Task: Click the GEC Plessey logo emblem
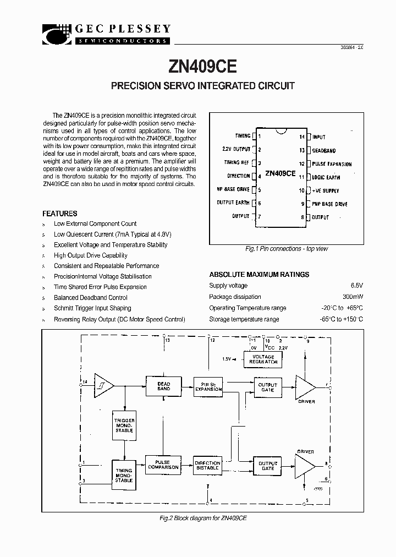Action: (57, 34)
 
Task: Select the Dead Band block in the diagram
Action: (163, 386)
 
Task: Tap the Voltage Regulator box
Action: (263, 359)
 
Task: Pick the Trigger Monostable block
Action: (124, 425)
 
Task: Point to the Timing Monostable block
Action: (124, 475)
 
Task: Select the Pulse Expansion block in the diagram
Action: (208, 386)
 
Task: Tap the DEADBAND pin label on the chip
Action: (324, 150)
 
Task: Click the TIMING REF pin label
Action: (237, 162)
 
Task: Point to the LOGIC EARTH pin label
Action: (326, 177)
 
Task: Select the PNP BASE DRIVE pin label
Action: (329, 204)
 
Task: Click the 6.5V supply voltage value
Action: (356, 286)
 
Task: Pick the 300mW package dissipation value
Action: (353, 297)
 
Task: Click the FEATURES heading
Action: (59, 214)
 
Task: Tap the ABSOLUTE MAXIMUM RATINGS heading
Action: (259, 275)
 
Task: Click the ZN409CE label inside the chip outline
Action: (280, 173)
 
